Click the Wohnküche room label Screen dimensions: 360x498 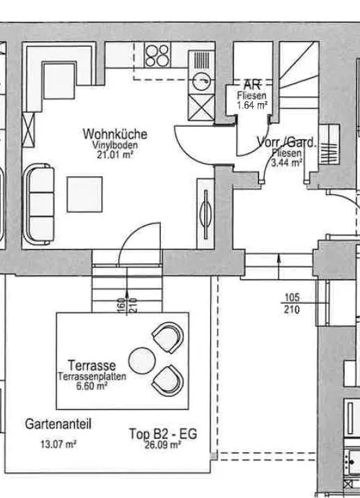[x=115, y=134]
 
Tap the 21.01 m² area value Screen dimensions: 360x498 [x=115, y=155]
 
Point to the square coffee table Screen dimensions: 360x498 [x=84, y=194]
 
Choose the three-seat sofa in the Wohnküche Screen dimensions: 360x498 [x=40, y=204]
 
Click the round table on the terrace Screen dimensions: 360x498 [x=142, y=361]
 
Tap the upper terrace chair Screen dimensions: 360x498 [x=168, y=338]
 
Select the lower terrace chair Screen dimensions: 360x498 [x=168, y=380]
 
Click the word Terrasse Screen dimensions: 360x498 [x=92, y=366]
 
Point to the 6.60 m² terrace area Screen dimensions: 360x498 [x=91, y=386]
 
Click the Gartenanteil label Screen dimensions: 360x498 [x=58, y=424]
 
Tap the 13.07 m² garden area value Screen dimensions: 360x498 [x=58, y=444]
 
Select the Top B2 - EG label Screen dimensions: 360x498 [x=163, y=434]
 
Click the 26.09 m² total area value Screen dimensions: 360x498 [x=163, y=445]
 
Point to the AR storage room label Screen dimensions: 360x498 [x=252, y=85]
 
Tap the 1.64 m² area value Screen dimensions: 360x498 [x=252, y=105]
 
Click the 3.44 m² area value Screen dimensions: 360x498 [x=286, y=163]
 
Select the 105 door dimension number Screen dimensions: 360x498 [x=292, y=297]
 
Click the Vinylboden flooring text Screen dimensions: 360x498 [x=115, y=145]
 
